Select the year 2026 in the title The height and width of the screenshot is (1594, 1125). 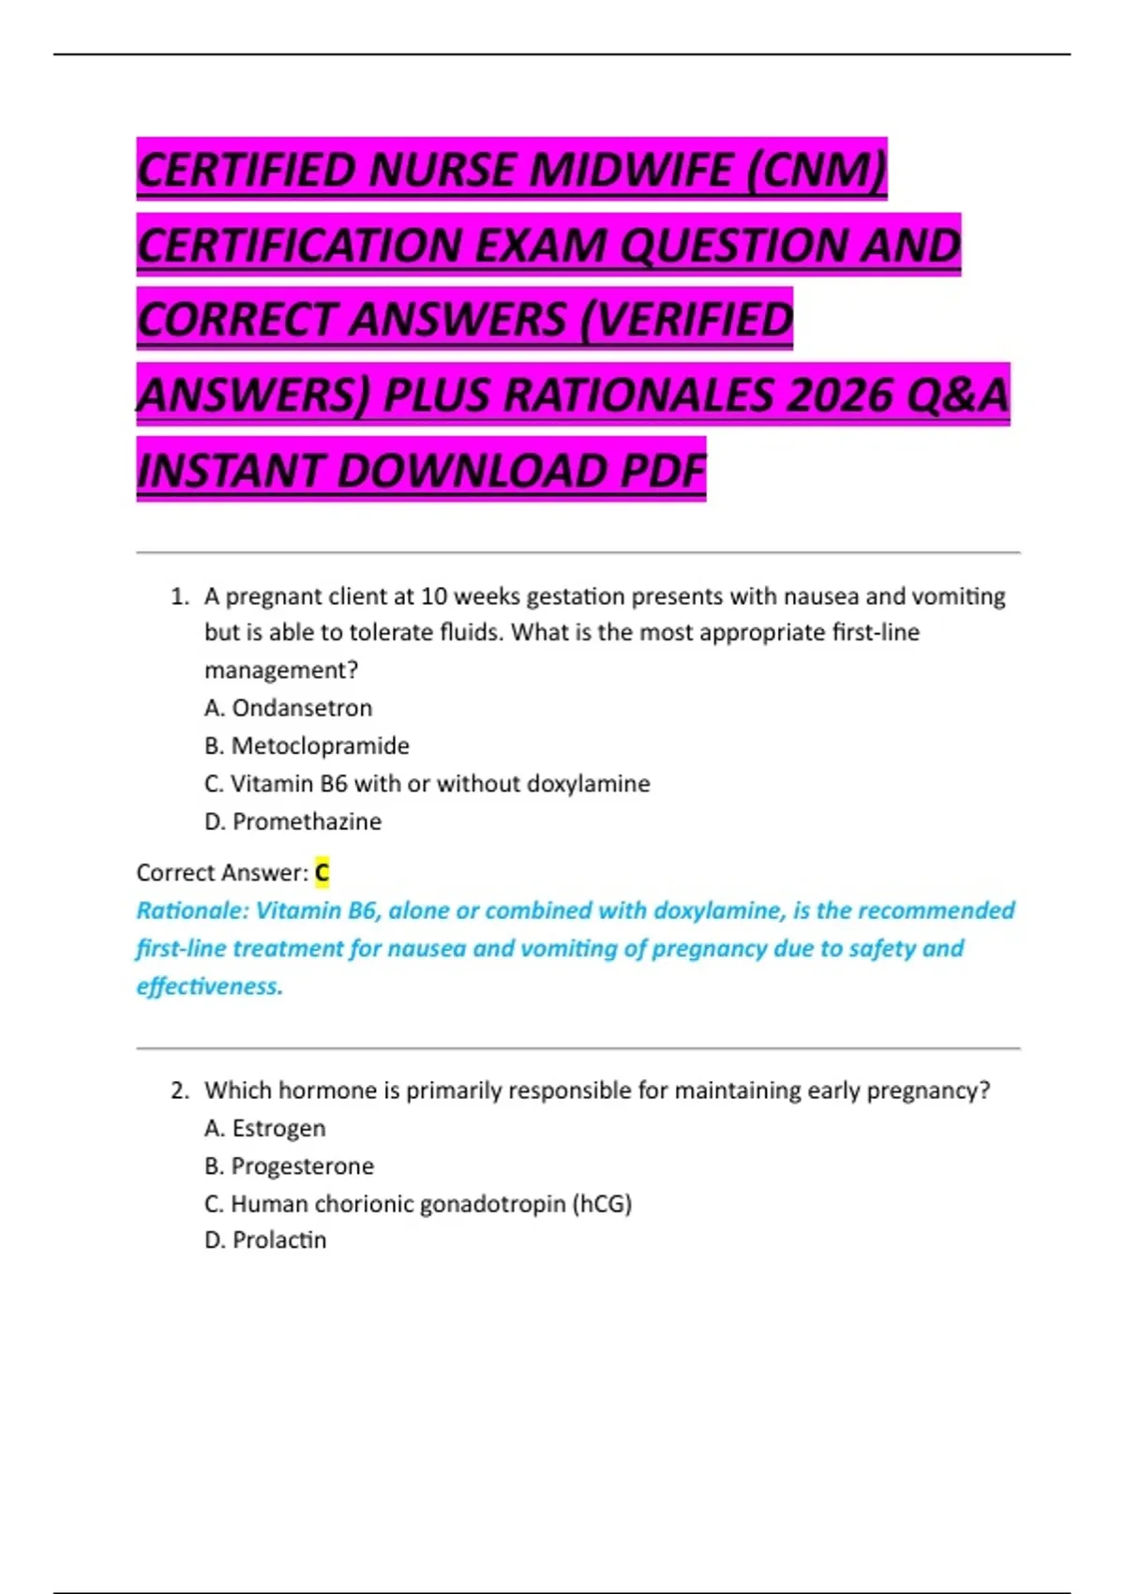(x=839, y=395)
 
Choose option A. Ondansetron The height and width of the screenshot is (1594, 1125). (x=288, y=708)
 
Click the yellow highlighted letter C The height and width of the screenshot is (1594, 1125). (x=322, y=873)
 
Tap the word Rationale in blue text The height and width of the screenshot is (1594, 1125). (x=192, y=910)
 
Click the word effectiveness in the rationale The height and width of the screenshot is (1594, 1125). (x=209, y=986)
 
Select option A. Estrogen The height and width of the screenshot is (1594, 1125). (x=265, y=1128)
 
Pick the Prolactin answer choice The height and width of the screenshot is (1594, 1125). (x=278, y=1240)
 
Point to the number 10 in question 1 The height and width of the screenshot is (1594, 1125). (x=433, y=596)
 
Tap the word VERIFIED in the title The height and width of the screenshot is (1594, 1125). (x=686, y=320)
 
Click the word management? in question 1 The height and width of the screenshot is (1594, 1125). (x=281, y=670)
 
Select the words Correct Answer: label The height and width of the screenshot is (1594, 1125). (x=222, y=873)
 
